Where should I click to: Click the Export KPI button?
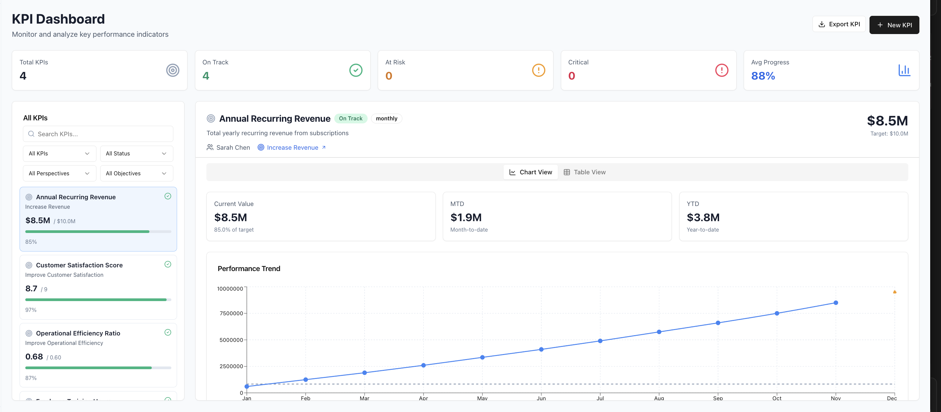[839, 25]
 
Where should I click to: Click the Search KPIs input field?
[98, 134]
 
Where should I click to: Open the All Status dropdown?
[136, 154]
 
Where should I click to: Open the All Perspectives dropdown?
[59, 174]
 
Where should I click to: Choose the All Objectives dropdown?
[136, 174]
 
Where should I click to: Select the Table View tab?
[584, 172]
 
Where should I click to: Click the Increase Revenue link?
[292, 148]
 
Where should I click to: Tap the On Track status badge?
[350, 118]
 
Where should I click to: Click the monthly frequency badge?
[386, 118]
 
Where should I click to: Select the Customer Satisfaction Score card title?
[79, 265]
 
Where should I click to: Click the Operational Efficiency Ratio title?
[78, 333]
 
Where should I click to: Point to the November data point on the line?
[835, 303]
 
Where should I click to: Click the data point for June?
[541, 350]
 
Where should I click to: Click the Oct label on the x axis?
[777, 398]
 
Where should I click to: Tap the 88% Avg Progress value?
[763, 76]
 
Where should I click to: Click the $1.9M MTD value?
[466, 218]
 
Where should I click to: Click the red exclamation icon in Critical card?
[721, 70]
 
